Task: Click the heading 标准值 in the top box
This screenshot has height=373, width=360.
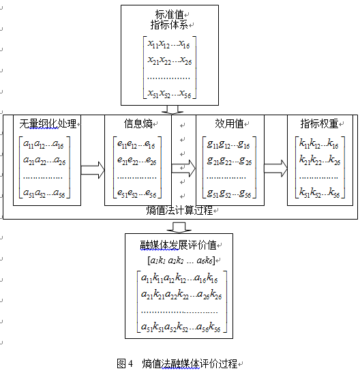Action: (x=169, y=14)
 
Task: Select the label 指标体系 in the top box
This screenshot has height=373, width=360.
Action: (x=169, y=25)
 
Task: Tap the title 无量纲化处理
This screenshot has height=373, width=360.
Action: (x=48, y=123)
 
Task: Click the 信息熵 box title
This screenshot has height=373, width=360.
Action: (x=138, y=123)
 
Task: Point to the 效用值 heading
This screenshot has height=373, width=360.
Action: (x=229, y=123)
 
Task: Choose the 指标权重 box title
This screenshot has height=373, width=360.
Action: (x=319, y=123)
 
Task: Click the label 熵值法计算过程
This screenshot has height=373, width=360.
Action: (x=179, y=210)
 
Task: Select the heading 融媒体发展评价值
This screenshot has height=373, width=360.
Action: (x=178, y=245)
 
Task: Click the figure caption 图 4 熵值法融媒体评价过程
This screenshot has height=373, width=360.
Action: (x=177, y=363)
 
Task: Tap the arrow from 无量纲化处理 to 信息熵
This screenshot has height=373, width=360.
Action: (x=93, y=170)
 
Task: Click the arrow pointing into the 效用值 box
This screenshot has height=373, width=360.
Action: (x=183, y=168)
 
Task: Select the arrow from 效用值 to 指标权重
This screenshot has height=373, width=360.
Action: (x=275, y=168)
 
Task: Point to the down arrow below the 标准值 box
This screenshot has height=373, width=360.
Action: (x=172, y=110)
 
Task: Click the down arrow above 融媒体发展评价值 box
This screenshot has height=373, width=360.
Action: (x=179, y=228)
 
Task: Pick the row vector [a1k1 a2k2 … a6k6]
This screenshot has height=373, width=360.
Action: (x=181, y=260)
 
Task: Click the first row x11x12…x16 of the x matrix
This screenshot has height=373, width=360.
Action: (x=168, y=44)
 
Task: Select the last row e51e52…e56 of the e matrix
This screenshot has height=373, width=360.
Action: (x=137, y=194)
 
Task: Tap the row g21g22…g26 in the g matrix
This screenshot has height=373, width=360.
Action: (x=229, y=162)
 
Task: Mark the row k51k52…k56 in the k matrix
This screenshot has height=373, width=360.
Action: (x=319, y=193)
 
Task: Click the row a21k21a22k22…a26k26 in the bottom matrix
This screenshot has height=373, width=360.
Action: (x=181, y=295)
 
